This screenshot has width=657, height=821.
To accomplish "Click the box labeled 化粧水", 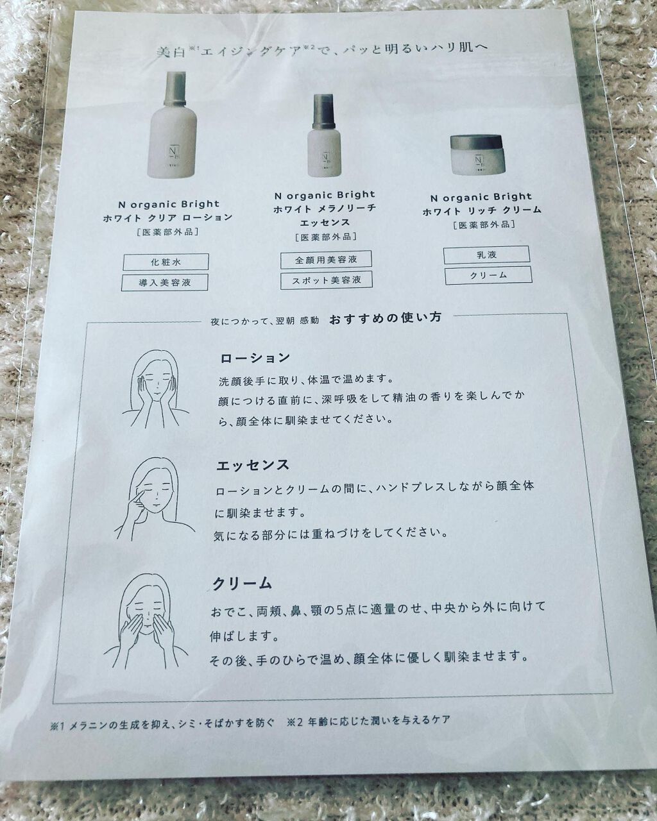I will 166,262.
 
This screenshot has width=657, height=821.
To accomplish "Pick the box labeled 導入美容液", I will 165,282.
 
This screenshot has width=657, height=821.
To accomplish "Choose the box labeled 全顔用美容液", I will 326,260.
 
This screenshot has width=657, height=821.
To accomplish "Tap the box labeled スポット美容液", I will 327,280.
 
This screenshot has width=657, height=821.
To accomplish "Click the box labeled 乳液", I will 486,254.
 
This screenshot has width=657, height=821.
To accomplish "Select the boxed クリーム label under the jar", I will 488,275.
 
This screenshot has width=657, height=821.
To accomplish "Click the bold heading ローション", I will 255,359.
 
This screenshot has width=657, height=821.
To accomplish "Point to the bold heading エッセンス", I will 253,466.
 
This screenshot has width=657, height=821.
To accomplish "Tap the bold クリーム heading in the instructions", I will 242,584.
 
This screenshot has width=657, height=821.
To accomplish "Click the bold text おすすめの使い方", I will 385,317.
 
